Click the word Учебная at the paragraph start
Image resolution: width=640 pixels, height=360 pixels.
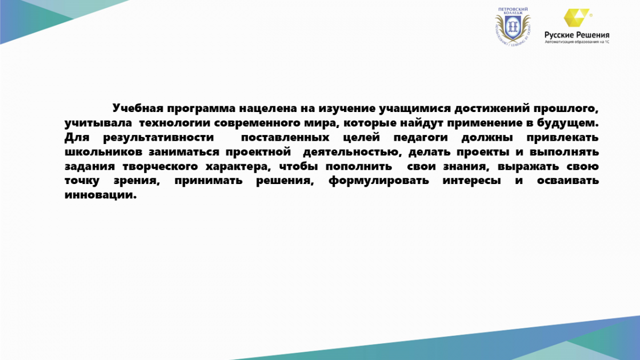click(x=138, y=108)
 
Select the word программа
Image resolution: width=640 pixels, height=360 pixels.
click(x=201, y=109)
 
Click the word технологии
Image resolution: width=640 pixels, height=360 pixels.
click(x=175, y=123)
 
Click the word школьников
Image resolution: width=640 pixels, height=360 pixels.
click(x=103, y=151)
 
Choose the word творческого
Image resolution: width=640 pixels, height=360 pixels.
click(x=161, y=166)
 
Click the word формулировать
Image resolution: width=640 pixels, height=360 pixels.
click(x=379, y=181)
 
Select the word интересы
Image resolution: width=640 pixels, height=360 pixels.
click(x=471, y=181)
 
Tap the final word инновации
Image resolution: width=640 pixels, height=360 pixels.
click(x=101, y=195)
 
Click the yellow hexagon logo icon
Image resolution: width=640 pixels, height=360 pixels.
click(x=577, y=18)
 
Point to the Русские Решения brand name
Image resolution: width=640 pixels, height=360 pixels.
click(x=577, y=35)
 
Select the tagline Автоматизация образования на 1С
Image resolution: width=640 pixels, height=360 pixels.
click(x=577, y=42)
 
